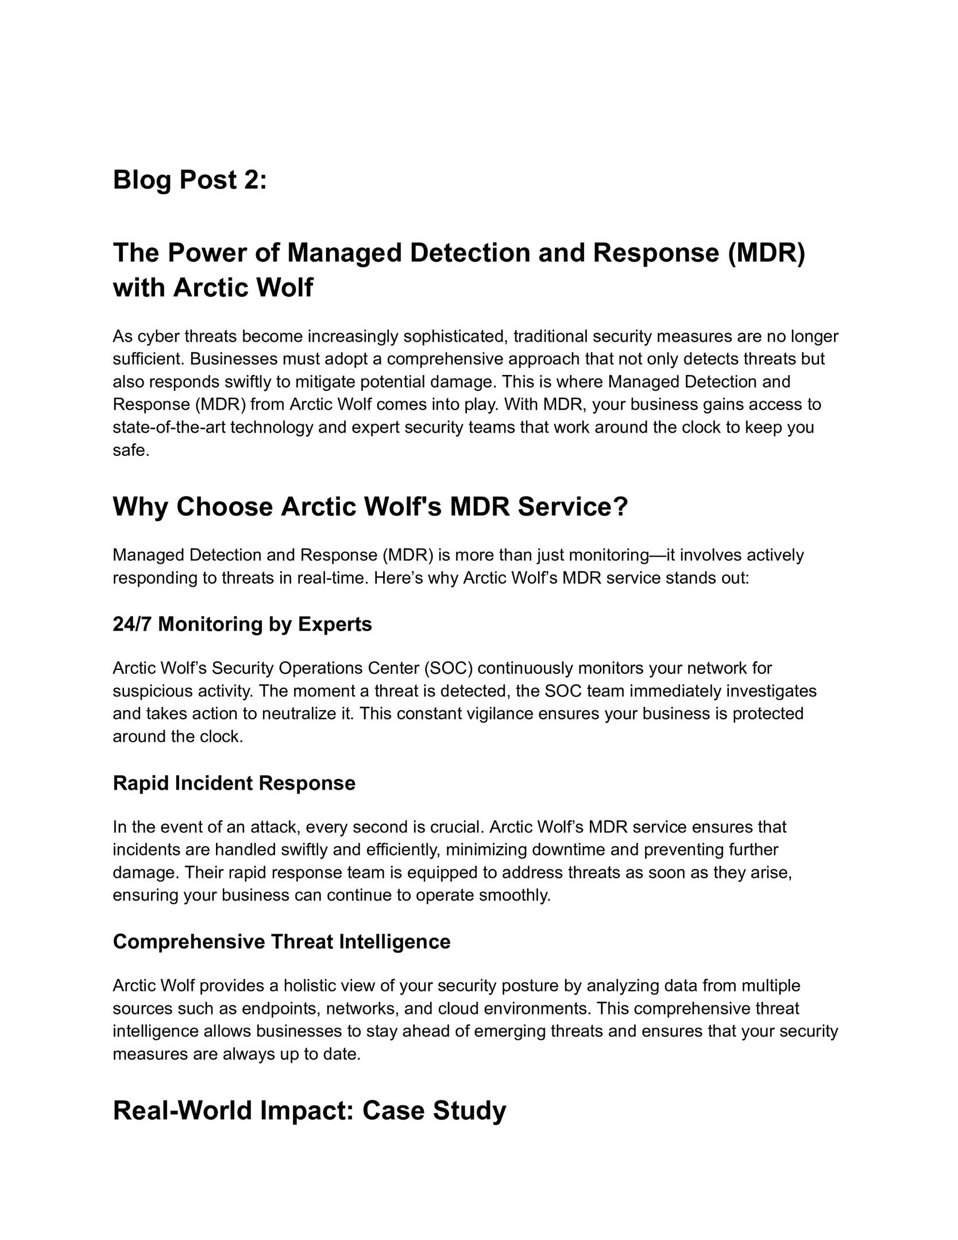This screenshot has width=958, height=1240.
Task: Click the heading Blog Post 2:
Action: (x=190, y=180)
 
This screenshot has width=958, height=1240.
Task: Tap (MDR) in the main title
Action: (x=766, y=253)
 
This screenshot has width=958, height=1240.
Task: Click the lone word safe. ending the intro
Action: (x=131, y=451)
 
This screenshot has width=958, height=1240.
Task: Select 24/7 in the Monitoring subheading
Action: (x=132, y=624)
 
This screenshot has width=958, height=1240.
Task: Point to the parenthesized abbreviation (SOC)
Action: (x=448, y=668)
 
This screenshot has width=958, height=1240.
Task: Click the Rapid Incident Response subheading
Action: (x=234, y=783)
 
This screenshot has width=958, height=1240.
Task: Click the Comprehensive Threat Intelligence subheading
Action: (x=281, y=941)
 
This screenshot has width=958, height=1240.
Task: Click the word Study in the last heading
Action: (x=469, y=1111)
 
